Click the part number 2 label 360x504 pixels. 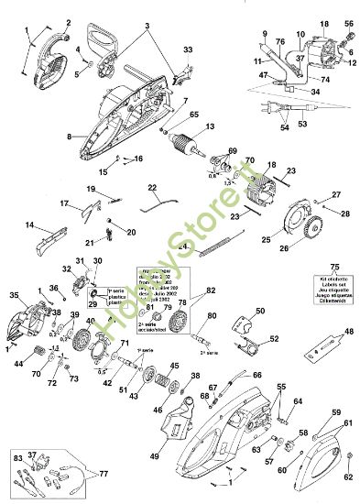[x=66, y=22]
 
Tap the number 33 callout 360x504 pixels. [x=188, y=49]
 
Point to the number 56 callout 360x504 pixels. [x=348, y=23]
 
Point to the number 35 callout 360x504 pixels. [x=14, y=295]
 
